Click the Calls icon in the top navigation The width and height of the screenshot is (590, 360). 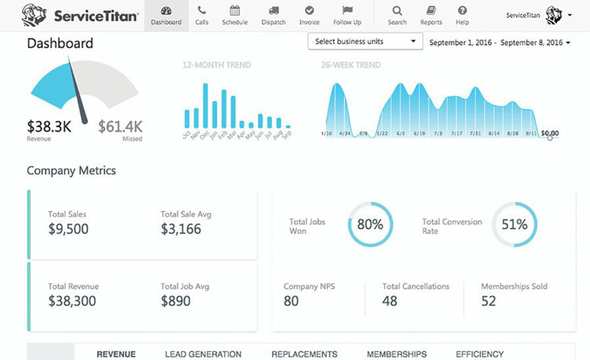pyautogui.click(x=202, y=11)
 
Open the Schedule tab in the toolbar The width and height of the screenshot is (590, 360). pyautogui.click(x=234, y=11)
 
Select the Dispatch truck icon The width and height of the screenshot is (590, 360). pyautogui.click(x=273, y=11)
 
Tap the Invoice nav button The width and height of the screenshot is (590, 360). pyautogui.click(x=309, y=11)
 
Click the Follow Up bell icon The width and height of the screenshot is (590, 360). pyautogui.click(x=347, y=11)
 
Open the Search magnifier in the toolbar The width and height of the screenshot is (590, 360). pyautogui.click(x=397, y=11)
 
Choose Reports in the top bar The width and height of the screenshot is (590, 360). pyautogui.click(x=431, y=11)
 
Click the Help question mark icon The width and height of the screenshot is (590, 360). pyautogui.click(x=463, y=11)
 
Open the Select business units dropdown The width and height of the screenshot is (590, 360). pyautogui.click(x=365, y=41)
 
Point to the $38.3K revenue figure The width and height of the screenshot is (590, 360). pyautogui.click(x=49, y=125)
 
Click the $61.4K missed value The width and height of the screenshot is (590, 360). pyautogui.click(x=120, y=125)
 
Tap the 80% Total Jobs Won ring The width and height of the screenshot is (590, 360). pyautogui.click(x=370, y=224)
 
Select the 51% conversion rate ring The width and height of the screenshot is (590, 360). pyautogui.click(x=514, y=224)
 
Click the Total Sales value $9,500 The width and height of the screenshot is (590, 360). pyautogui.click(x=68, y=230)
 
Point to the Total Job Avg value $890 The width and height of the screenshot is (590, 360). pyautogui.click(x=175, y=300)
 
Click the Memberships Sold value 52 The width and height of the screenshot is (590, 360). pyautogui.click(x=489, y=300)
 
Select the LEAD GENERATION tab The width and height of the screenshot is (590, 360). pyautogui.click(x=203, y=354)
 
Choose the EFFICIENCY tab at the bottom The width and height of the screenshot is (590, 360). pyautogui.click(x=479, y=354)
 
